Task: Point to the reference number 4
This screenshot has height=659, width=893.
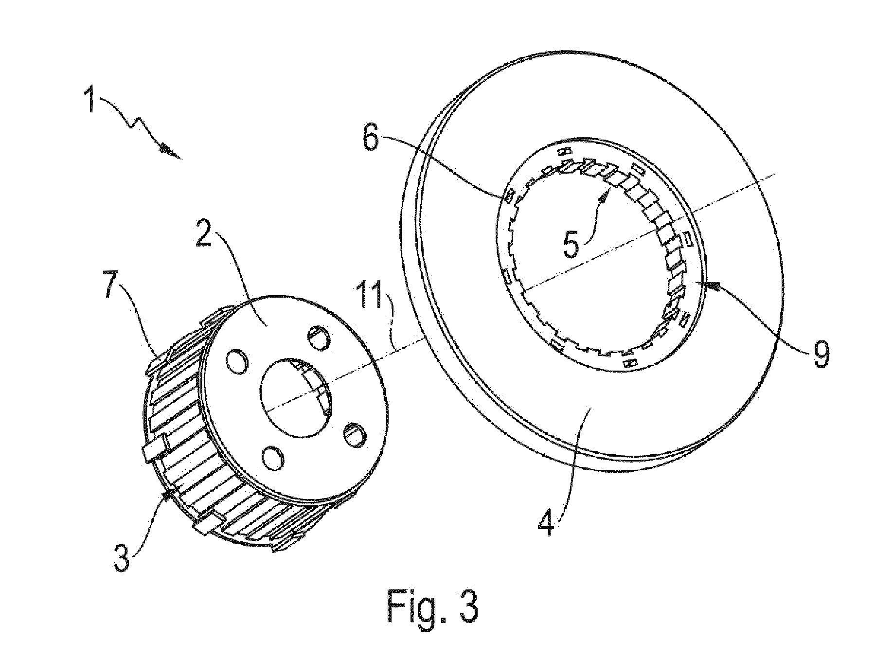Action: (x=547, y=519)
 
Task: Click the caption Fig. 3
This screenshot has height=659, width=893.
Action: (x=432, y=607)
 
